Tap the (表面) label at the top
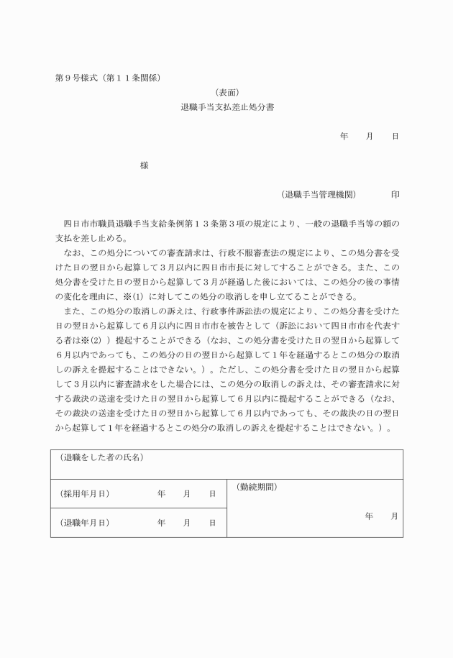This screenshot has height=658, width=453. pos(226,92)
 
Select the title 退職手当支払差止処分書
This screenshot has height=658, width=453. pos(226,106)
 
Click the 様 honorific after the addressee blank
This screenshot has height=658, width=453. pos(145,165)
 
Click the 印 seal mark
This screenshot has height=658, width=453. pos(395,194)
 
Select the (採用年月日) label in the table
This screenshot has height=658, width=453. pos(84,494)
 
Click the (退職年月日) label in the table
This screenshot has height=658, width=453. pos(84,523)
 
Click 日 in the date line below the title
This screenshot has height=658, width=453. pos(395,136)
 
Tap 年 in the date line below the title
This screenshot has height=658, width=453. pos(344,136)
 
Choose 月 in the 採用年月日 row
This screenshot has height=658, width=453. pos(187,494)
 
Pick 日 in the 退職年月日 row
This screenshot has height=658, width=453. pos(212,523)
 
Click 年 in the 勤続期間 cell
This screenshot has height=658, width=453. pos(369,516)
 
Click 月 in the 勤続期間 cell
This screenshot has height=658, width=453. pos(395,516)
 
